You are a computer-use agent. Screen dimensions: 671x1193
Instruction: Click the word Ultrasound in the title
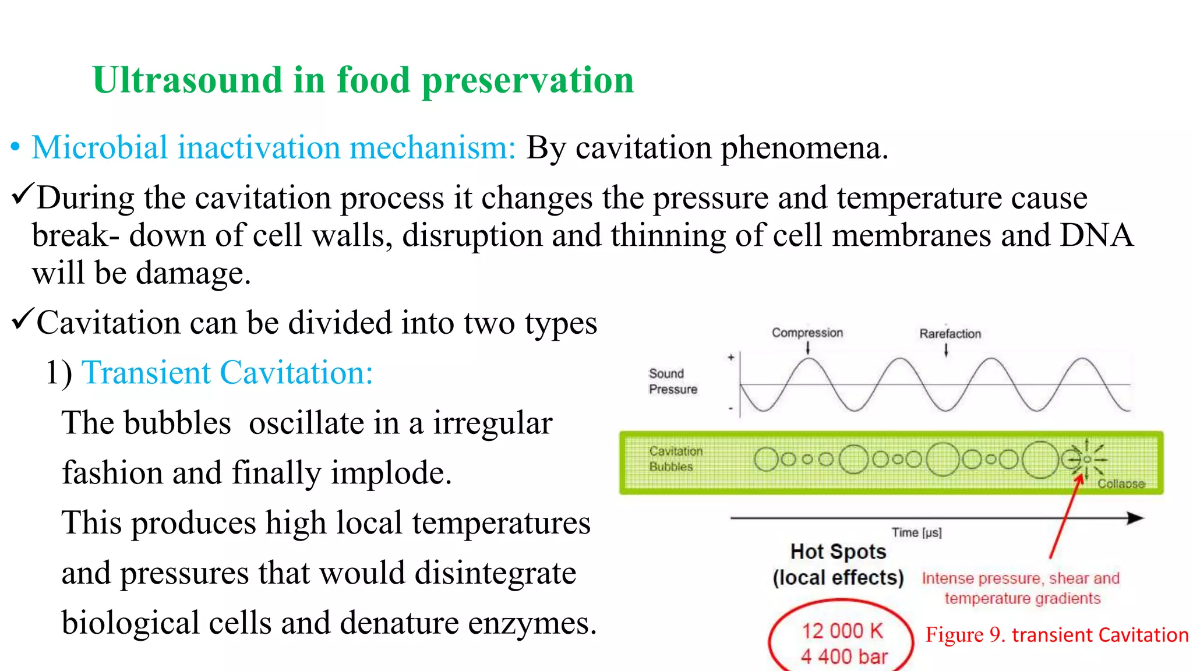187,80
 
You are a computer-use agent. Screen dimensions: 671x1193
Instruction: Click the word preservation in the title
527,80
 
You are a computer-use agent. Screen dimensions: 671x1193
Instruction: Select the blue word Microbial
100,147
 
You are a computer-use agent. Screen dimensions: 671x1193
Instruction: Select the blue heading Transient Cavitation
227,372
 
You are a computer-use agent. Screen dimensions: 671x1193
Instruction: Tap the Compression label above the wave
807,333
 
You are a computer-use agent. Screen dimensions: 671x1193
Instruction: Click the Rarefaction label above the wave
950,334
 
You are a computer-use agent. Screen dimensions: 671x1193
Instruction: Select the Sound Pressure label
672,381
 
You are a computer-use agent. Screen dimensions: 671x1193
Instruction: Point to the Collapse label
1121,483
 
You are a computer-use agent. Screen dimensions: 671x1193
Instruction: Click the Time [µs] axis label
916,532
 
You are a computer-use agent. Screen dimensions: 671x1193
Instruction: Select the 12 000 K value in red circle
842,631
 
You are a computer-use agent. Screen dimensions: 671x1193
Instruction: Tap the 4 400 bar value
843,656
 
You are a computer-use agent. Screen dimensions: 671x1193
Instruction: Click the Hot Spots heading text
838,552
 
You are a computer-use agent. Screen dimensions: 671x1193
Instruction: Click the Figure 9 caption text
1056,634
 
